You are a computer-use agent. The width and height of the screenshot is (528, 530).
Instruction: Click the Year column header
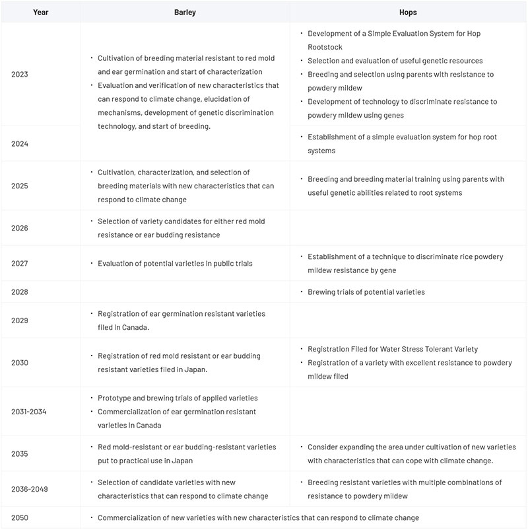pyautogui.click(x=40, y=12)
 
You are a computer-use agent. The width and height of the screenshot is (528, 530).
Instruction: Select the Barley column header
pyautogui.click(x=185, y=12)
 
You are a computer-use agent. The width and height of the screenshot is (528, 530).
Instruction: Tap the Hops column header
pyautogui.click(x=408, y=12)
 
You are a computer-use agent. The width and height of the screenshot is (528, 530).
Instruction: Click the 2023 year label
pyautogui.click(x=20, y=74)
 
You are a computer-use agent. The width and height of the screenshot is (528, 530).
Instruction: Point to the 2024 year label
pyautogui.click(x=20, y=143)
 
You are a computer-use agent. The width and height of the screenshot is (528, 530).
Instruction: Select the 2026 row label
pyautogui.click(x=20, y=228)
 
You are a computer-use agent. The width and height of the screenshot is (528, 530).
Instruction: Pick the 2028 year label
pyautogui.click(x=20, y=291)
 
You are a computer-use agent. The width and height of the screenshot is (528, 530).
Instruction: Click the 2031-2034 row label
pyautogui.click(x=29, y=411)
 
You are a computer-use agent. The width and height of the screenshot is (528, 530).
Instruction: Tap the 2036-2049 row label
pyautogui.click(x=30, y=489)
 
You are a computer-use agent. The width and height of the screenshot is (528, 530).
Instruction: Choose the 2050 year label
pyautogui.click(x=20, y=517)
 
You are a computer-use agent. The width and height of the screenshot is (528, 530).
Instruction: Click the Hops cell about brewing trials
pyautogui.click(x=366, y=291)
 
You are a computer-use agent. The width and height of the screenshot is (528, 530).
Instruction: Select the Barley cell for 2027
pyautogui.click(x=175, y=263)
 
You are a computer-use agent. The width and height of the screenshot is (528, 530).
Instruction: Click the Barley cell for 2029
pyautogui.click(x=181, y=320)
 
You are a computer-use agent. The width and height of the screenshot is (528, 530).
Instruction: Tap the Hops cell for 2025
pyautogui.click(x=406, y=186)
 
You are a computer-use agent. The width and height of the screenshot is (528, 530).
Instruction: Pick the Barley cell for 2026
pyautogui.click(x=181, y=228)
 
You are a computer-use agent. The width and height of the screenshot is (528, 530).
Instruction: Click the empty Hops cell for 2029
pyautogui.click(x=408, y=320)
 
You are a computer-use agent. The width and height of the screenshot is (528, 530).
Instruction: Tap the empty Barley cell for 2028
pyautogui.click(x=185, y=291)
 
